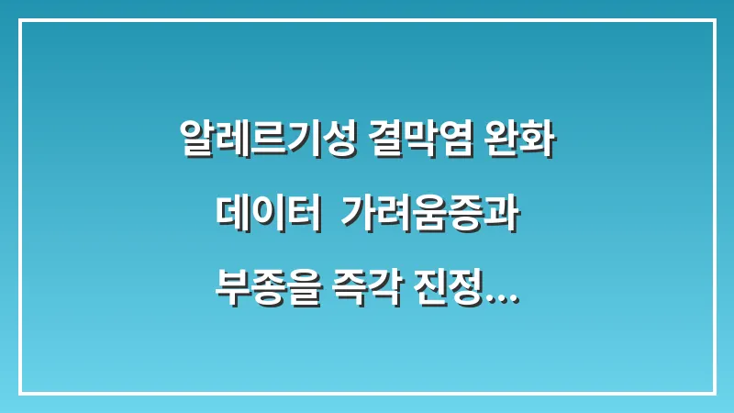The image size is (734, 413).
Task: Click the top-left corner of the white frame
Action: pyautogui.click(x=20, y=21)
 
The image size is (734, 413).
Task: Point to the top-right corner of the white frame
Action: pyautogui.click(x=714, y=21)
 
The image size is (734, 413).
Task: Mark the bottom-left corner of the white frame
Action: pyautogui.click(x=20, y=393)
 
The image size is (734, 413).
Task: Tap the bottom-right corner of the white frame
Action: pyautogui.click(x=714, y=393)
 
